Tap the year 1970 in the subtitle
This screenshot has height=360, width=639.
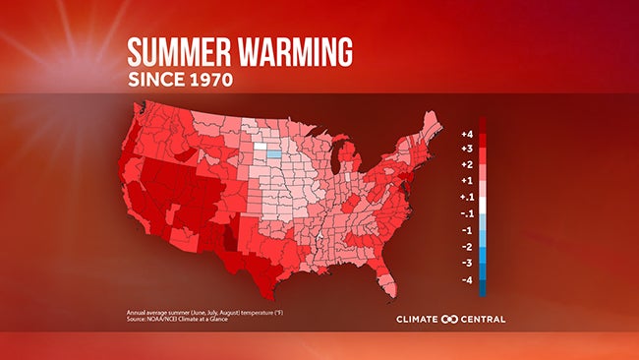click(208, 80)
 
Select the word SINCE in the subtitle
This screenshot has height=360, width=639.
click(155, 80)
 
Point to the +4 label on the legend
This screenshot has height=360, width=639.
click(468, 133)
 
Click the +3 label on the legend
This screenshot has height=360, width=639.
click(468, 149)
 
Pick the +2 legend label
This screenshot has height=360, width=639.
click(468, 164)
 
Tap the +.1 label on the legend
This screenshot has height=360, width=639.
click(468, 197)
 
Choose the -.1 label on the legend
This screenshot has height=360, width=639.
click(468, 213)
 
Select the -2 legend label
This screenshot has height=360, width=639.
click(468, 246)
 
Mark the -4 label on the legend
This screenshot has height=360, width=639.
click(468, 279)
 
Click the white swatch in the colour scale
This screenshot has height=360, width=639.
click(483, 205)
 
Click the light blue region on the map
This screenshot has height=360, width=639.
click(272, 153)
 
